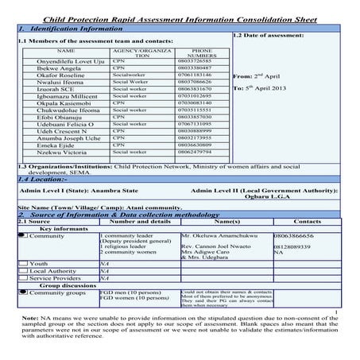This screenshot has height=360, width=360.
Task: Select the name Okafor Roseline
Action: pos(50,75)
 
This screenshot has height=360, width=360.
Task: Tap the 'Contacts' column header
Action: pos(308,222)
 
